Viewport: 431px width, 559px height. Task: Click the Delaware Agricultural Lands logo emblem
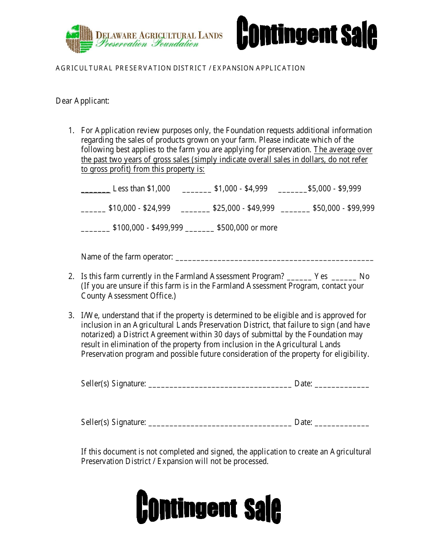pos(79,39)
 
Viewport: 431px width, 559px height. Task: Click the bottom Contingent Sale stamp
pos(209,507)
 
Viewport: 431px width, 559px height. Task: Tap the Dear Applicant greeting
pos(83,101)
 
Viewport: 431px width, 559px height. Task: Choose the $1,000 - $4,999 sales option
pos(240,189)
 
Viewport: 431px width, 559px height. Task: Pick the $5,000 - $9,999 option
pos(334,189)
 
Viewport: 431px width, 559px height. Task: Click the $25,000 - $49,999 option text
pos(243,208)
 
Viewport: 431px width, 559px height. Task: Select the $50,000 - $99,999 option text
pos(343,208)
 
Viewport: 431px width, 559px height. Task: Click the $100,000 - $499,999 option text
pos(147,228)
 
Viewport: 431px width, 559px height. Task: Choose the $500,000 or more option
pos(247,228)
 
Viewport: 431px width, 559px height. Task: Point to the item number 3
pos(71,315)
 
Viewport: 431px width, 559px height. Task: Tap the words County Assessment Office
pos(127,296)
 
